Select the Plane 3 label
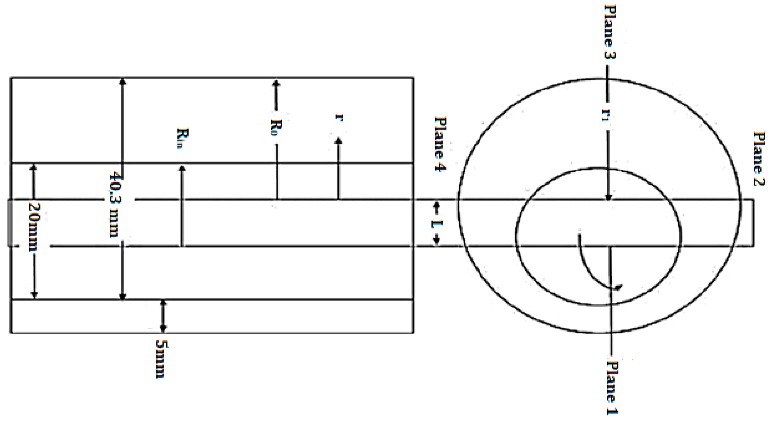click(x=609, y=32)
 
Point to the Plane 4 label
click(x=440, y=144)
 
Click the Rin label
click(x=182, y=138)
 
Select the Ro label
click(x=276, y=127)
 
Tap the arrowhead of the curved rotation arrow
click(x=618, y=288)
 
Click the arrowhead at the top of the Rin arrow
click(x=182, y=168)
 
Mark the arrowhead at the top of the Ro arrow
click(x=276, y=83)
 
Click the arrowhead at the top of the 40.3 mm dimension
click(x=122, y=81)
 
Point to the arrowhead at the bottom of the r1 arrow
click(x=608, y=197)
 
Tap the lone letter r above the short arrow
click(x=339, y=117)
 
